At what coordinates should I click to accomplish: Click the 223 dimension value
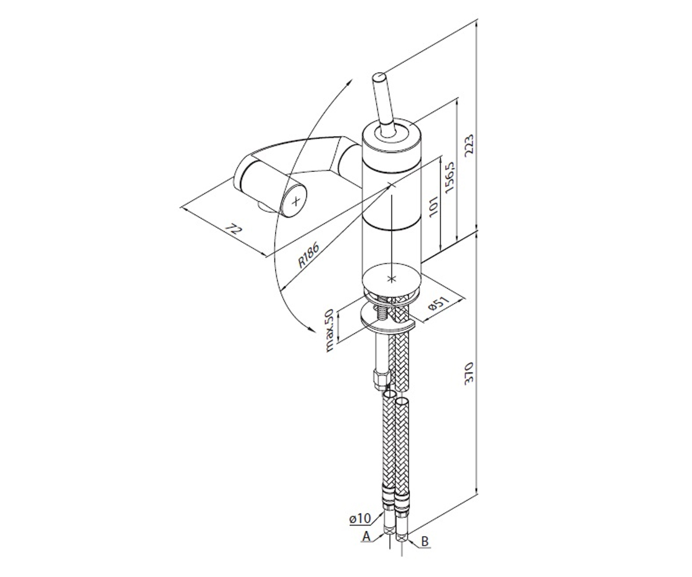[x=469, y=145]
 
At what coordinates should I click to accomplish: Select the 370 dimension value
[x=469, y=373]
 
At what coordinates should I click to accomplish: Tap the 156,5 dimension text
[x=449, y=177]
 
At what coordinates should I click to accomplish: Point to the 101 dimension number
[x=434, y=206]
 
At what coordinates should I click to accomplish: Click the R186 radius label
[x=308, y=255]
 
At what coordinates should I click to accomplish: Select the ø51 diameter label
[x=438, y=303]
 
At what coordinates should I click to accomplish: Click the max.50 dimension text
[x=329, y=330]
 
